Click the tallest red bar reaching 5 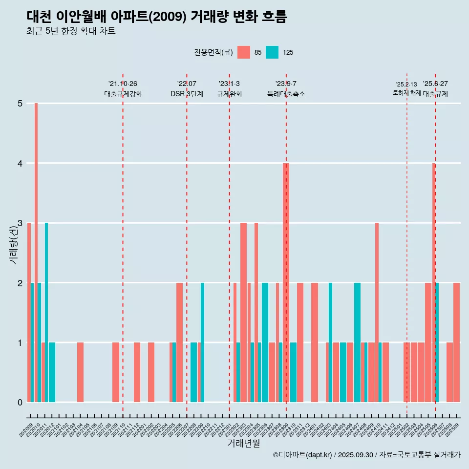click(x=36, y=252)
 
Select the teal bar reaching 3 click(x=46, y=312)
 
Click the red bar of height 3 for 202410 click(x=377, y=312)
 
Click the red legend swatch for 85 click(x=243, y=52)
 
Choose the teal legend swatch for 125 click(x=272, y=52)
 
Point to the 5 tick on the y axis click(x=21, y=104)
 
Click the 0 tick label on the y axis click(x=21, y=403)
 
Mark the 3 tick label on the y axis click(x=21, y=223)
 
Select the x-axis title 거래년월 click(x=243, y=444)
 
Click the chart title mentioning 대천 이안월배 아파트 click(x=157, y=17)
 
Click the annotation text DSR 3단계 click(x=187, y=94)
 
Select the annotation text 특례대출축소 click(x=286, y=94)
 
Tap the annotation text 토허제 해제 click(x=406, y=93)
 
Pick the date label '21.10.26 click(x=123, y=84)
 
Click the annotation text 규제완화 click(x=229, y=94)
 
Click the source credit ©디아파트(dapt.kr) click(x=303, y=455)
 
